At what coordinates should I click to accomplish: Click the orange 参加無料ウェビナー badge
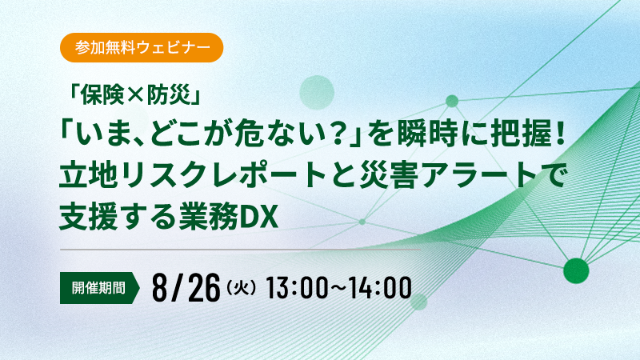point(142,48)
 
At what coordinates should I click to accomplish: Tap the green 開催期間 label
point(99,288)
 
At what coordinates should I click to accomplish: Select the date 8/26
point(186,288)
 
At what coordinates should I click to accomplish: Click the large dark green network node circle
point(576,270)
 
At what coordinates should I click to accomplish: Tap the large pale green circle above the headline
point(317,92)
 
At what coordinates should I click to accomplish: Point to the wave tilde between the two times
point(338,289)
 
